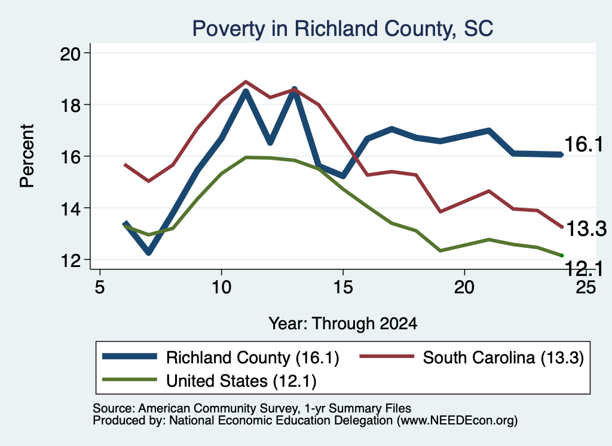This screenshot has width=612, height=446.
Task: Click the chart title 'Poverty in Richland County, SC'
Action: point(342,29)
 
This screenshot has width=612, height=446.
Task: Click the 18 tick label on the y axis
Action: point(70,105)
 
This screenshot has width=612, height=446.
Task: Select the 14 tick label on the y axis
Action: point(70,208)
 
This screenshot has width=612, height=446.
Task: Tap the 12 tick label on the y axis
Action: point(70,260)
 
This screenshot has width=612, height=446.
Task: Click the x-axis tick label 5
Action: point(100,287)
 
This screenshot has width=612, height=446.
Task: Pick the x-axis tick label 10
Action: point(221,287)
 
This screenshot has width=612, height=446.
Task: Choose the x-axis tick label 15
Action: point(343,287)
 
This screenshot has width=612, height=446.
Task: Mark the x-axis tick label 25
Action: point(586,287)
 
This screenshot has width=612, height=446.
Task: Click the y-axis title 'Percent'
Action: point(27,156)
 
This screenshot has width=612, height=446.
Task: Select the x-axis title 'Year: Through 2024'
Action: point(342,324)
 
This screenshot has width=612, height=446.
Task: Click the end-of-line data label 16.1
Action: point(583,144)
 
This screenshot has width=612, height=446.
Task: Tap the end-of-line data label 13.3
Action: point(586,229)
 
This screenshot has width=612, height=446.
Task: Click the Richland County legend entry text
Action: point(253,357)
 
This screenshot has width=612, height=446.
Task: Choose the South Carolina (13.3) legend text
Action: point(503,357)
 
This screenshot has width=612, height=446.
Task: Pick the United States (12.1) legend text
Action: point(241,381)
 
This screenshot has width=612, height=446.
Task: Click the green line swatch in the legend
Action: point(129,380)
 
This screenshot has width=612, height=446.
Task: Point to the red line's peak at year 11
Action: point(246,81)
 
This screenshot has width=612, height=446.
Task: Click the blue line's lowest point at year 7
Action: point(148,252)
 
